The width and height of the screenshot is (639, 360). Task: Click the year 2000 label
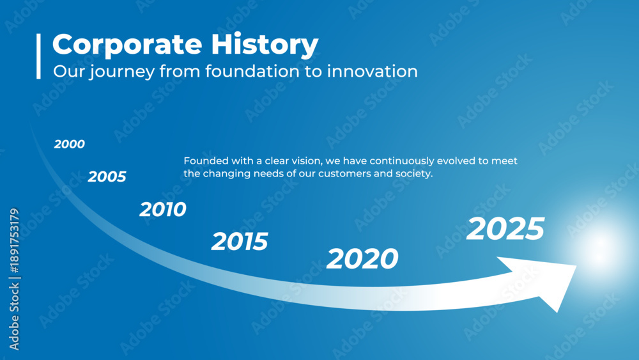tap(69, 144)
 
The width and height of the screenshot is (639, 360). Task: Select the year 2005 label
tap(107, 176)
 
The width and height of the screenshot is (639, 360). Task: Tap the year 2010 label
tap(162, 209)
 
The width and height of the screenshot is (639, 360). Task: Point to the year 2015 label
tap(240, 241)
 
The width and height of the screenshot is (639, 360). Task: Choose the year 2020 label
tap(362, 258)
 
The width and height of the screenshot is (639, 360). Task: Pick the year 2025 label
tap(505, 228)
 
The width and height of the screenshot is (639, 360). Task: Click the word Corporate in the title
tap(127, 44)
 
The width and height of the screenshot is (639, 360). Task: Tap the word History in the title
tap(265, 44)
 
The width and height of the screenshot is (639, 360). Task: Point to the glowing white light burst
tap(601, 244)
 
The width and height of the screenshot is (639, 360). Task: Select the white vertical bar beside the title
tap(39, 56)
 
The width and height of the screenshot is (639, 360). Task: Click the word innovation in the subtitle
tap(372, 72)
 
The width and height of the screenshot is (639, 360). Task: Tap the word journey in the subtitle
tap(122, 72)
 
